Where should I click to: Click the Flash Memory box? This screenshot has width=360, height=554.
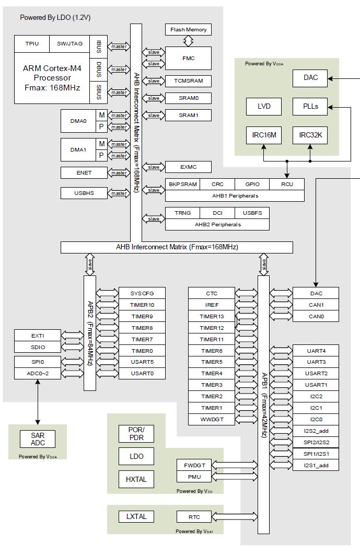click(x=189, y=30)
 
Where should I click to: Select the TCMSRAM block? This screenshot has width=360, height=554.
click(x=189, y=81)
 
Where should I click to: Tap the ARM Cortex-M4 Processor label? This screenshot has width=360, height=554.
click(x=52, y=78)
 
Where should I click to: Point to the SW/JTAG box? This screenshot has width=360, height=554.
click(x=69, y=44)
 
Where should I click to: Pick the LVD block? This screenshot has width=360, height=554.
click(x=264, y=107)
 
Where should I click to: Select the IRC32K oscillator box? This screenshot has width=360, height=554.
click(x=310, y=135)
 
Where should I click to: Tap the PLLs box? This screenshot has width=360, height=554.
click(x=310, y=107)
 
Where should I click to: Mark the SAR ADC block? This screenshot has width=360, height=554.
click(x=38, y=439)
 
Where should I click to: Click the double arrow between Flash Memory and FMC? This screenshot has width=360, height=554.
click(x=189, y=41)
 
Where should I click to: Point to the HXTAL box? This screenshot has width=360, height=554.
click(x=136, y=479)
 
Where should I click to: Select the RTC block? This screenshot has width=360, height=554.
click(x=194, y=517)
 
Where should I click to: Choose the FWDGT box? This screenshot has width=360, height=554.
click(x=194, y=465)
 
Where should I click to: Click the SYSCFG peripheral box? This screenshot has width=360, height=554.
click(x=142, y=293)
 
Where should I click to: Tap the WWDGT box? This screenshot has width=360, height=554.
click(x=212, y=419)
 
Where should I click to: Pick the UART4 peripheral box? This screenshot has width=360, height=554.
click(x=316, y=350)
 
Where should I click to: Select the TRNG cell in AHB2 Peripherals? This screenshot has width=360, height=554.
click(x=183, y=213)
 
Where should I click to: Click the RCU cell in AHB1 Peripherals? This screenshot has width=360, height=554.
click(x=287, y=184)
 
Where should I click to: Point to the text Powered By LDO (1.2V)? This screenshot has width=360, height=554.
click(x=55, y=18)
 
